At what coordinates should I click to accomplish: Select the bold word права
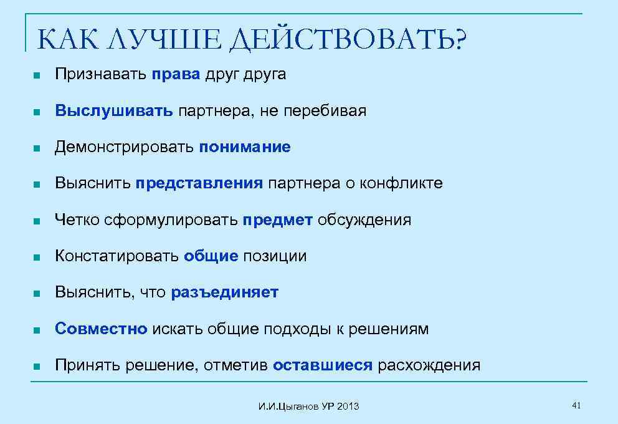point(176,75)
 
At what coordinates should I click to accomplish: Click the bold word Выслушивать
point(113,111)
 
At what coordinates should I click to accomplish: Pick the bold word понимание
point(245,147)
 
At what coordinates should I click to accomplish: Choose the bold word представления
point(200,183)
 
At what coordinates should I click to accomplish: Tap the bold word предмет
point(278,219)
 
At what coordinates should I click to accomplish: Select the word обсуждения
point(364,219)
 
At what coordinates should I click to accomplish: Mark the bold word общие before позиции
point(211,256)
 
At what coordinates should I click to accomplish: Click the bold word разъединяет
point(224,292)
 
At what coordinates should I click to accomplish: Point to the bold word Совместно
point(101,329)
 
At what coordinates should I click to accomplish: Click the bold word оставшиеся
point(322,365)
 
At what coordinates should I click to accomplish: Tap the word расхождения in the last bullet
point(429,365)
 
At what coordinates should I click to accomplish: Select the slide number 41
point(576,406)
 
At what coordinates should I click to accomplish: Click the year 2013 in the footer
point(348,407)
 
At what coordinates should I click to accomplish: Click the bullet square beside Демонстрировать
point(37,148)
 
